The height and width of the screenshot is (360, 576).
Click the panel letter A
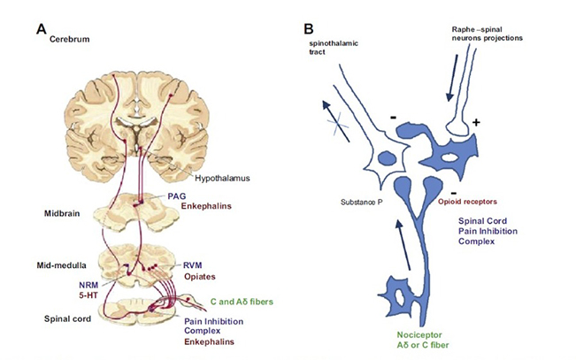(41, 27)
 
